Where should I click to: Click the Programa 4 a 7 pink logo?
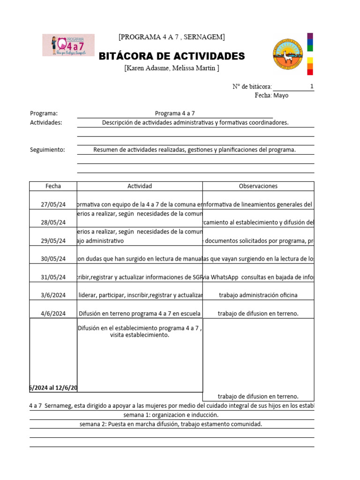pos(68,45)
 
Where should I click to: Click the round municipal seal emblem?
pos(288,56)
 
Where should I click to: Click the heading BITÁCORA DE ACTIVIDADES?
pos(172,57)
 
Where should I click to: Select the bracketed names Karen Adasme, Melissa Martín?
pos(172,68)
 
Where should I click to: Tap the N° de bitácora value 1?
pos(312,86)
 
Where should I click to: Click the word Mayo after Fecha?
pos(281,95)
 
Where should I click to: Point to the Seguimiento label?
pos(47,150)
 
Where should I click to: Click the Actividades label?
pos(46,123)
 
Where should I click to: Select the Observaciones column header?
pos(258,186)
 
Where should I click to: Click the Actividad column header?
pos(140,186)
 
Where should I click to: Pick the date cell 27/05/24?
pos(53,204)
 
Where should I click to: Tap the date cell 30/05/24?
pos(53,259)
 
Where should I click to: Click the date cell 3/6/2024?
pos(53,295)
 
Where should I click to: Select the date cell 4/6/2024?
pos(53,314)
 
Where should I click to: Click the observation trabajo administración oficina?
pos(258,295)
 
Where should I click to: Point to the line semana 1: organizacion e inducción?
pos(171,415)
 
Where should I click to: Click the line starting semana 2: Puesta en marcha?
pos(171,424)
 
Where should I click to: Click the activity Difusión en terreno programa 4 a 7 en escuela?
pos(140,314)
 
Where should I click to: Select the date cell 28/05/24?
pos(53,223)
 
